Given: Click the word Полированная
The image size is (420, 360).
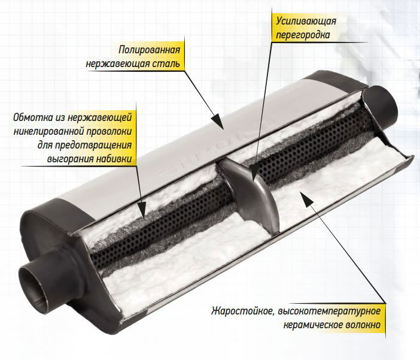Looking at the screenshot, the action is click(149, 50).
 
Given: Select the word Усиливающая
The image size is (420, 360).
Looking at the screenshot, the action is click(306, 21).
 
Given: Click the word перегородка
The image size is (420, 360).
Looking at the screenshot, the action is click(303, 35).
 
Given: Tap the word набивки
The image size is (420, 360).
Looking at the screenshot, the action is click(113, 159).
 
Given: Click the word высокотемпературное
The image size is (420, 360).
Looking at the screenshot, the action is click(329, 311).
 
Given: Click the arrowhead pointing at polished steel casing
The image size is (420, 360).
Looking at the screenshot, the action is click(218, 122).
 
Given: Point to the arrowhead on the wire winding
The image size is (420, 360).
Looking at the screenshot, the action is click(142, 211).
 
